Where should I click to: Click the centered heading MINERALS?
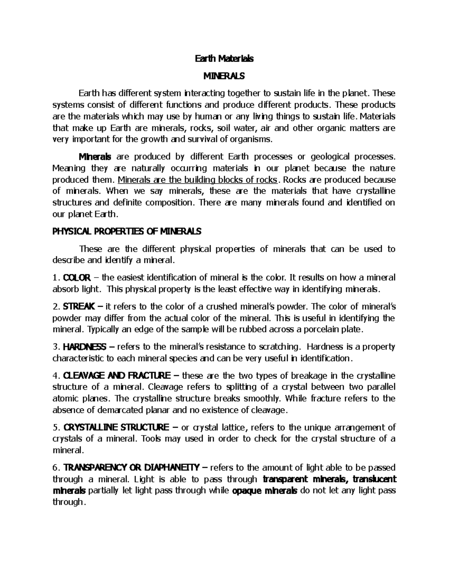tap(224, 76)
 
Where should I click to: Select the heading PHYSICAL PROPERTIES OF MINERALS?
tap(126, 232)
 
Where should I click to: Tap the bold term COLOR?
tap(77, 278)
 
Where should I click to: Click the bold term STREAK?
tap(79, 307)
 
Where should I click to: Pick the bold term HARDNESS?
tap(85, 347)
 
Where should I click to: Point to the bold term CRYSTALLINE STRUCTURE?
tap(116, 427)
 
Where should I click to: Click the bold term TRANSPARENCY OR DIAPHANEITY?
tap(132, 468)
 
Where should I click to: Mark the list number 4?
tap(55, 376)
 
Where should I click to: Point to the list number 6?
tap(55, 468)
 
